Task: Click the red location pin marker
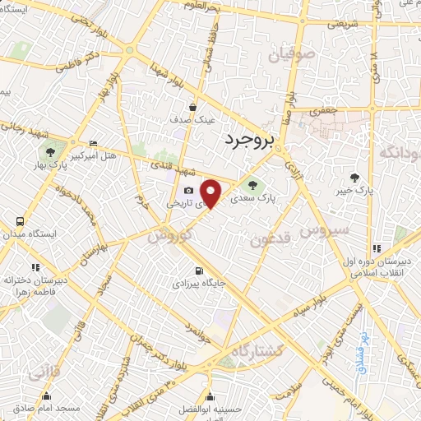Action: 211,193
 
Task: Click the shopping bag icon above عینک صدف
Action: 193,106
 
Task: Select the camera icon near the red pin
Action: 187,191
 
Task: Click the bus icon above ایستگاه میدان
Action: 20,221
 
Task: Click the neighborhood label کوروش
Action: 171,235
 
